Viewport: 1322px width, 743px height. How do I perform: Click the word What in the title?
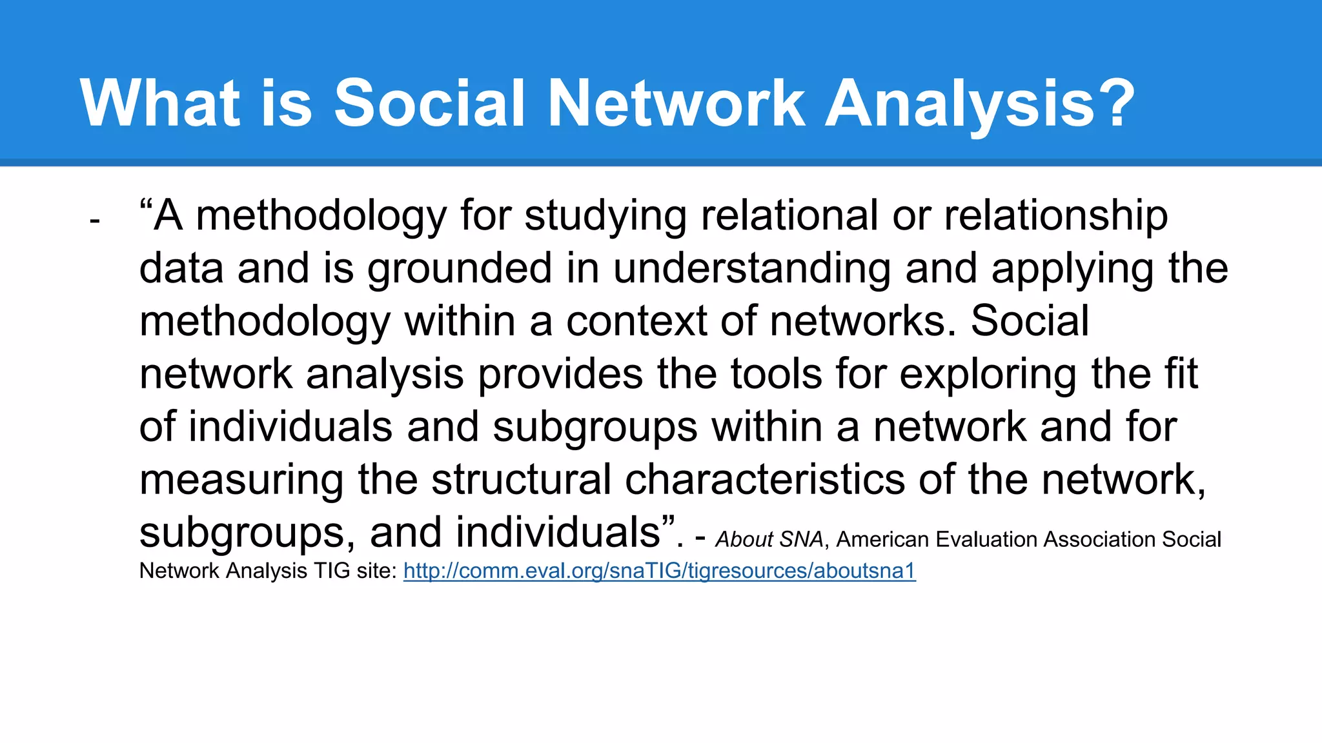coord(161,103)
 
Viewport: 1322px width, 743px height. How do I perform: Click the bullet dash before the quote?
coord(95,221)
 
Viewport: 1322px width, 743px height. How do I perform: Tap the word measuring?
coord(241,480)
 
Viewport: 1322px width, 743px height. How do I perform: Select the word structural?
coord(521,480)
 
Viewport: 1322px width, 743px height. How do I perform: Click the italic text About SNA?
coord(769,539)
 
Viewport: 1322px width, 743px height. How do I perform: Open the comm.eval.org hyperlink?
coord(659,571)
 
